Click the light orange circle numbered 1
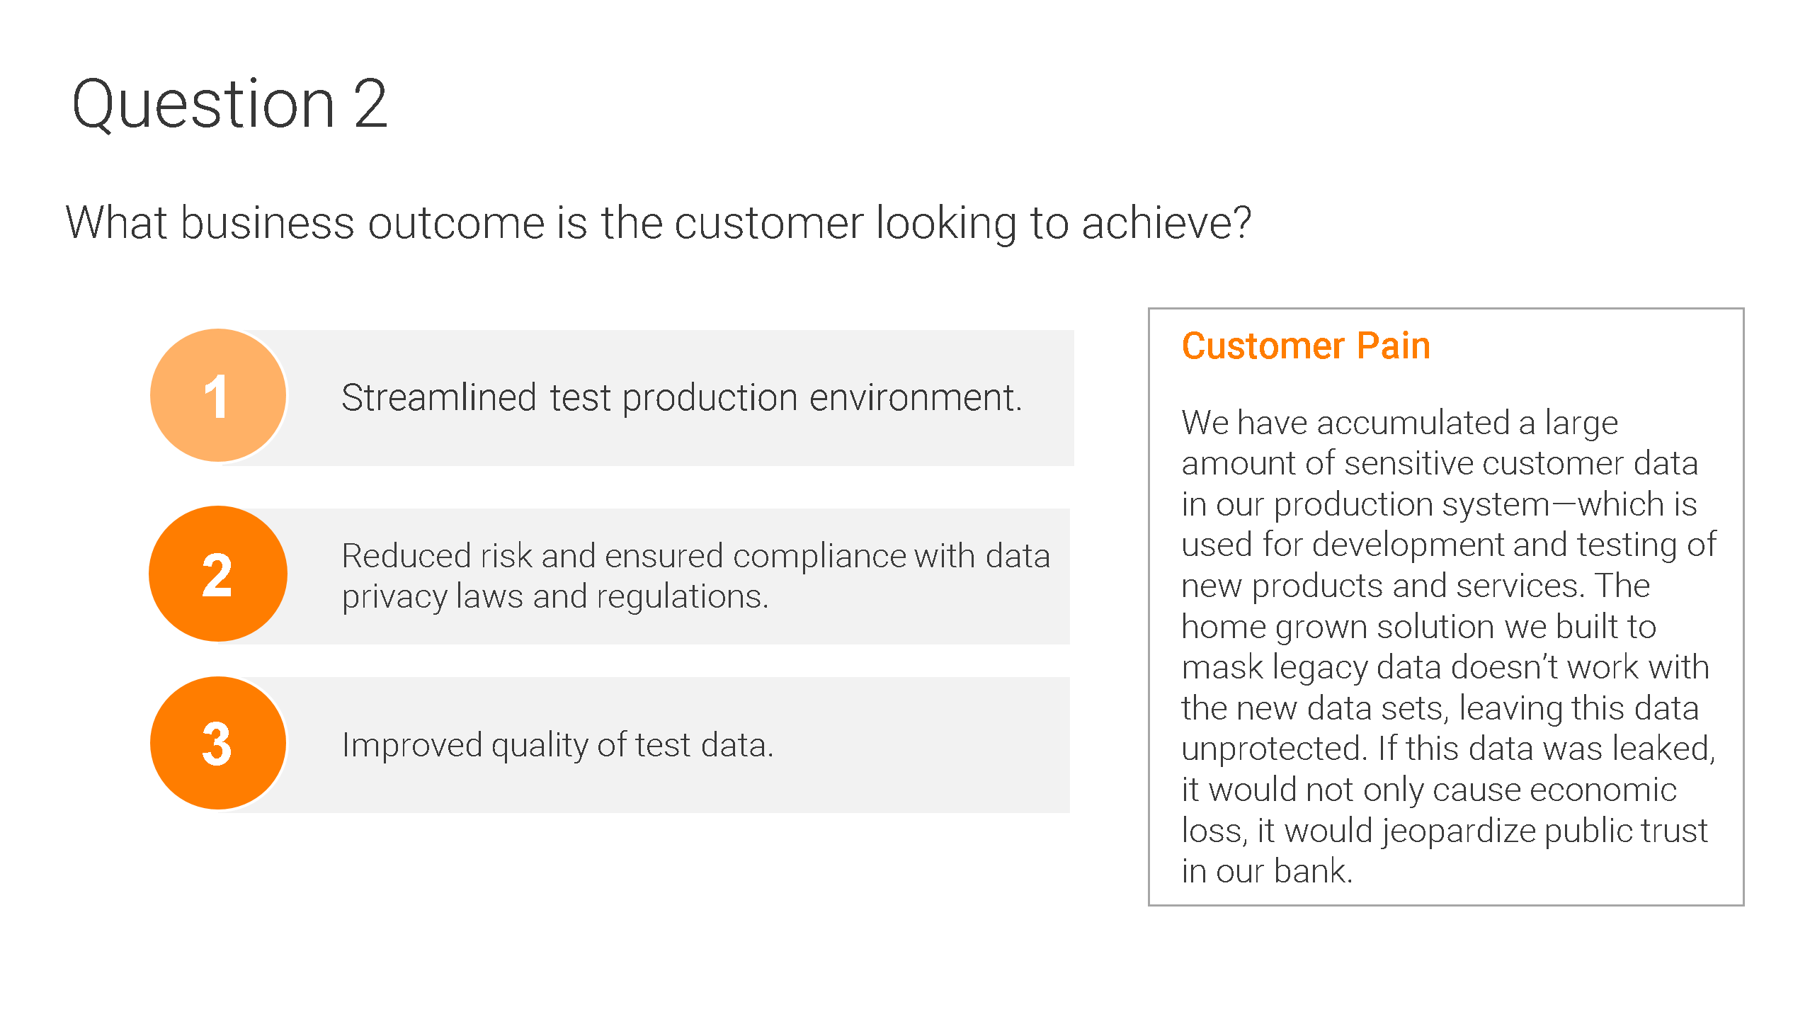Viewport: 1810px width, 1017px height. tap(218, 395)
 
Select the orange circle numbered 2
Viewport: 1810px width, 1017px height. tap(218, 574)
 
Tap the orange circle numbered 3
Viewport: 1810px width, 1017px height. tap(218, 743)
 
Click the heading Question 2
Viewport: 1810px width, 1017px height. tap(230, 104)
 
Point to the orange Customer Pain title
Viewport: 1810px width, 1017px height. tap(1306, 346)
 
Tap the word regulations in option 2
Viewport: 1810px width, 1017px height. tap(683, 597)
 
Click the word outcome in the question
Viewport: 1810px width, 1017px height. tap(456, 223)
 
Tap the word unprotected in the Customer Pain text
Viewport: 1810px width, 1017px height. tap(1273, 749)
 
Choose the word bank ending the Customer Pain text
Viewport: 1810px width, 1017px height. tap(1314, 871)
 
